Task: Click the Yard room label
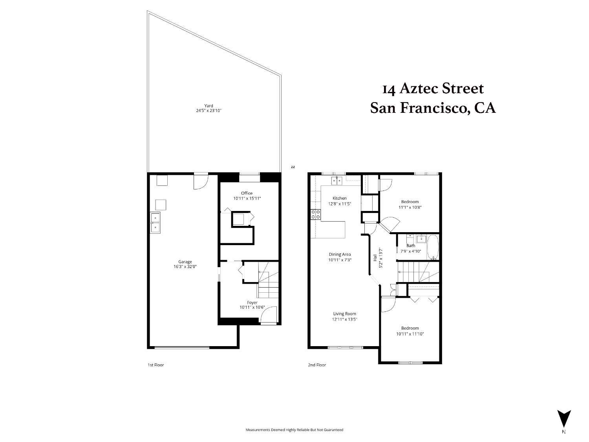pyautogui.click(x=209, y=106)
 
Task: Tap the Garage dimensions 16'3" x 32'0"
pyautogui.click(x=185, y=266)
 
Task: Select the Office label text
pyautogui.click(x=247, y=193)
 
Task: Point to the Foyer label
pyautogui.click(x=252, y=303)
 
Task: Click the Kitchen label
pyautogui.click(x=339, y=198)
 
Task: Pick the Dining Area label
pyautogui.click(x=340, y=254)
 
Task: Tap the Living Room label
pyautogui.click(x=344, y=314)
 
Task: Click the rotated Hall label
pyautogui.click(x=375, y=258)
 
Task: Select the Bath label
pyautogui.click(x=411, y=246)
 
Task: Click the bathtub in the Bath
pyautogui.click(x=432, y=247)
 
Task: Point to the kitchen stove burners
pyautogui.click(x=316, y=215)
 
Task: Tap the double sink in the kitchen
pyautogui.click(x=337, y=181)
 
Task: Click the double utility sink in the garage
pyautogui.click(x=155, y=222)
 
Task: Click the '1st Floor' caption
pyautogui.click(x=155, y=365)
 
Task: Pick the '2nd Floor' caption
pyautogui.click(x=317, y=365)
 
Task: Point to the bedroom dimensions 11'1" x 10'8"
pyautogui.click(x=410, y=207)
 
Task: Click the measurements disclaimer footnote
pyautogui.click(x=294, y=430)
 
